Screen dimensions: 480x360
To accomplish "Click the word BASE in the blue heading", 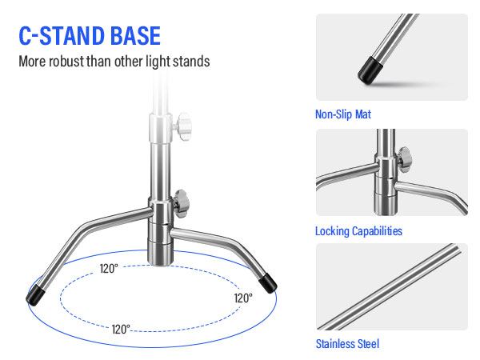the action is click(135, 36).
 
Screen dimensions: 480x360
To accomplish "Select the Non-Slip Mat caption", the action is click(343, 114).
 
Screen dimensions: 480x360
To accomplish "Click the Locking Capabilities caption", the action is click(358, 231).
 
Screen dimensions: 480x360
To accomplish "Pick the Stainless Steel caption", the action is click(347, 344).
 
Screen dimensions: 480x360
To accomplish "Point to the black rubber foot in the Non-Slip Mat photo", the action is click(370, 70).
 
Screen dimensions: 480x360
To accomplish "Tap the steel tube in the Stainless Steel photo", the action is click(389, 286).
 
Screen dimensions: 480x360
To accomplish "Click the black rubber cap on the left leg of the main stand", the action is click(36, 295).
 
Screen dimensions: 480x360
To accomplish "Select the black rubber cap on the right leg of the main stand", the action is click(268, 283).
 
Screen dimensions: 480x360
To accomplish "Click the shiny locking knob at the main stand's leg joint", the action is click(181, 203).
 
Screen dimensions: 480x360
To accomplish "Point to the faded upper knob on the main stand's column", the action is click(183, 126).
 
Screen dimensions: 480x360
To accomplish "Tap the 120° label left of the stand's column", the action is click(109, 269).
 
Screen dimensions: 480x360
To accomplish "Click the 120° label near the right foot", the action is click(243, 298).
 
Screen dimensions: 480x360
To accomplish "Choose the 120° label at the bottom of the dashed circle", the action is click(121, 330).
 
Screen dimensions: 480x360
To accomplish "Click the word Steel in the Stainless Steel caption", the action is click(368, 344).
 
